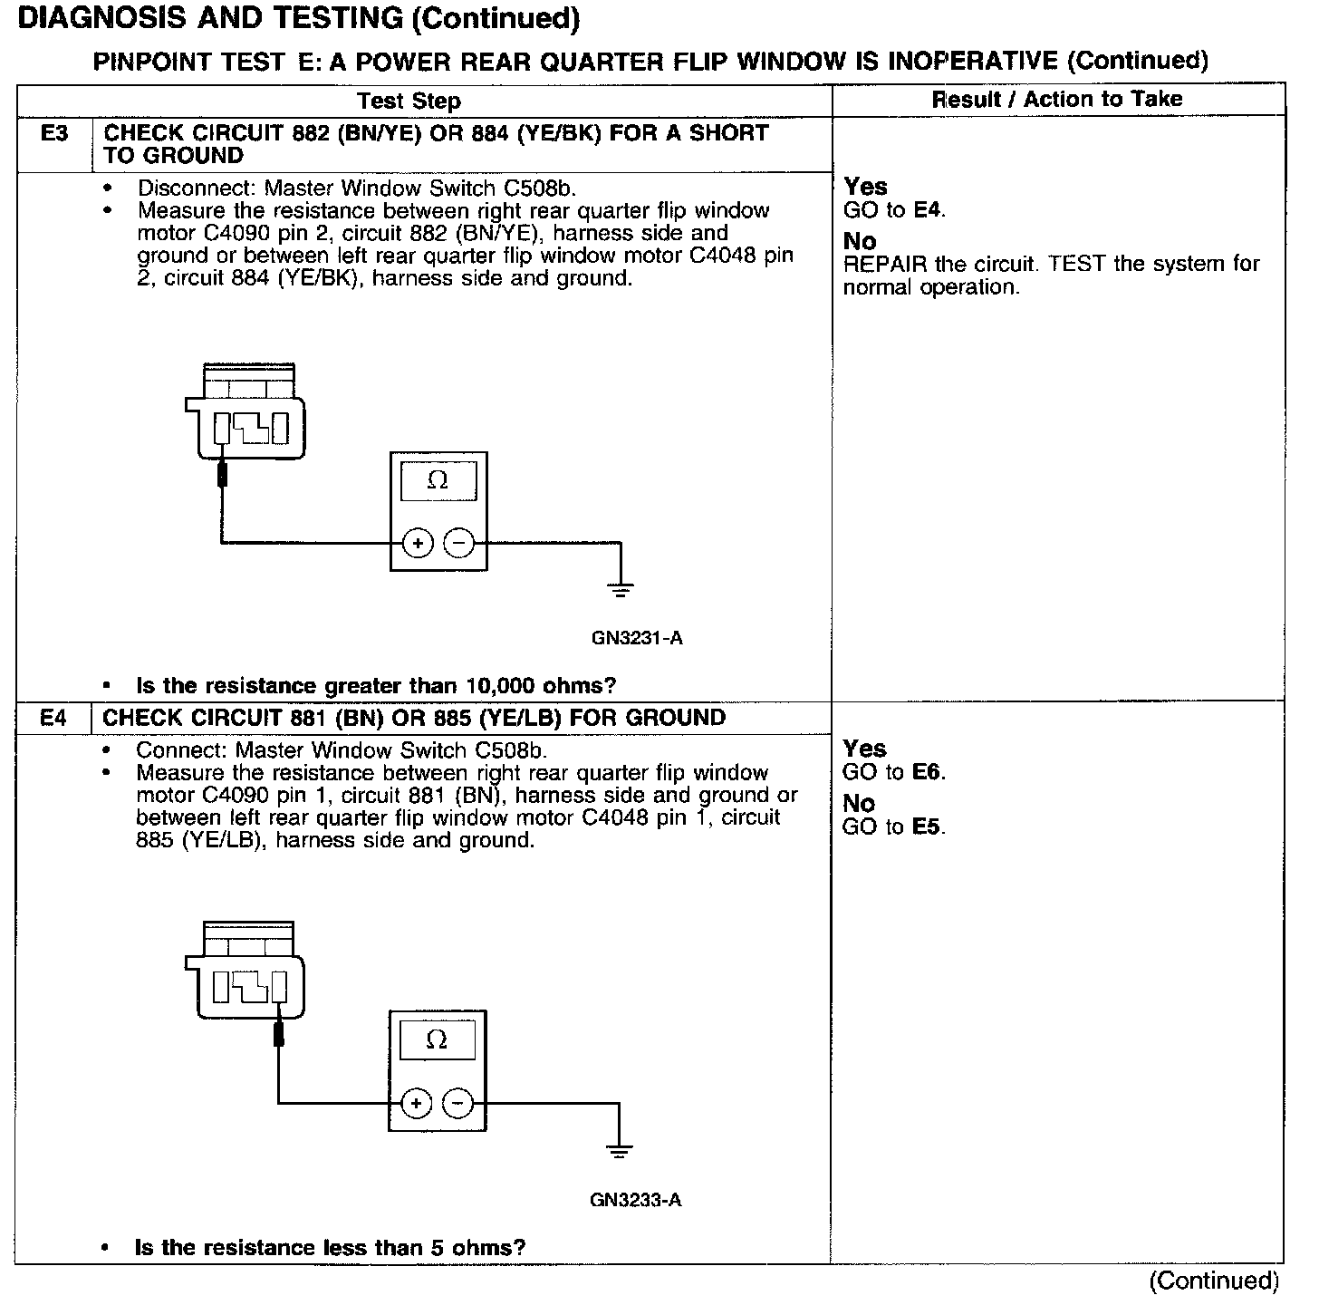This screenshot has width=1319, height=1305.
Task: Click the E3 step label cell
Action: pyautogui.click(x=54, y=134)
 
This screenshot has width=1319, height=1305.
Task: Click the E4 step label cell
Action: pyautogui.click(x=53, y=719)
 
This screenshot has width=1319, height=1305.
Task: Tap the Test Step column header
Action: pyautogui.click(x=409, y=101)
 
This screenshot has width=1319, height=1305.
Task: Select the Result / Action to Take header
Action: pyautogui.click(x=1057, y=99)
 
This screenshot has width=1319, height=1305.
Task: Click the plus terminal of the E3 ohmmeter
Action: pyautogui.click(x=418, y=544)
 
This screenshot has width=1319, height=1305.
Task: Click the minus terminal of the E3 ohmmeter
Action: pyautogui.click(x=459, y=544)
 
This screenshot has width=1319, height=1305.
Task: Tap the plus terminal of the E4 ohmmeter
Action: pyautogui.click(x=416, y=1103)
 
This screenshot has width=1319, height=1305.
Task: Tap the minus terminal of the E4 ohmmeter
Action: pyautogui.click(x=457, y=1103)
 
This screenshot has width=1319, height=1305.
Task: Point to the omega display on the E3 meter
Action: pyautogui.click(x=438, y=481)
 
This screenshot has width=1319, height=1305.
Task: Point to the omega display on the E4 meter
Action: pyautogui.click(x=437, y=1040)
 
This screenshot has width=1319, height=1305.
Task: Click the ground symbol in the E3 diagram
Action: pyautogui.click(x=621, y=591)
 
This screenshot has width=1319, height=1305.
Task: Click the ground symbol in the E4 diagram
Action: pyautogui.click(x=620, y=1151)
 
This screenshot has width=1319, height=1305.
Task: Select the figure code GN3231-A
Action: pyautogui.click(x=637, y=638)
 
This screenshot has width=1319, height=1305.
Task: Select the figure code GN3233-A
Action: pyautogui.click(x=635, y=1200)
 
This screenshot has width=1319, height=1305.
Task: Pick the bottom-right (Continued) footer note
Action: pyautogui.click(x=1213, y=1281)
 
